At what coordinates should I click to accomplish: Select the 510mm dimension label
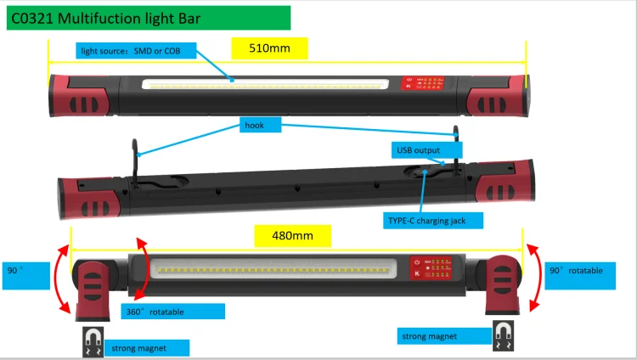(269, 48)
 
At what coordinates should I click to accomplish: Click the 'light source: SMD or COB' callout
(136, 52)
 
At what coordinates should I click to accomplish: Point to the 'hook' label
(255, 125)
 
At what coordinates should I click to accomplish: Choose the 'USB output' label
(417, 150)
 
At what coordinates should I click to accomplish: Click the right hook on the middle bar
(457, 145)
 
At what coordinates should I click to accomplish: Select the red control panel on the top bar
(426, 84)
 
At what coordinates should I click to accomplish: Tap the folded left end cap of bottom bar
(93, 289)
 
